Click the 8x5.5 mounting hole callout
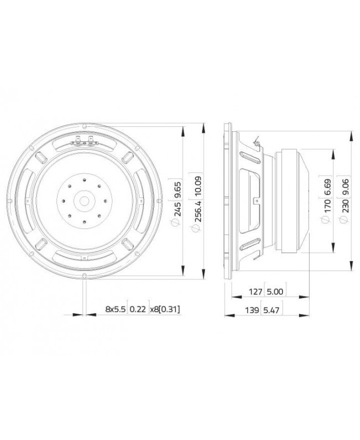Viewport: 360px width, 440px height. pyautogui.click(x=115, y=309)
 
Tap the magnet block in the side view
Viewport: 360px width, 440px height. pyautogui.click(x=294, y=201)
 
